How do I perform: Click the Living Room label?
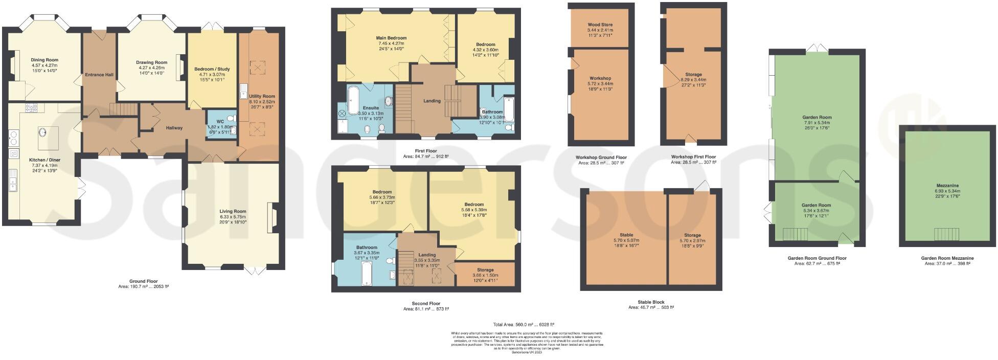pos(233,211)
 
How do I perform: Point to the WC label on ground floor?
pos(220,122)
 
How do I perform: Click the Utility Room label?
pos(262,96)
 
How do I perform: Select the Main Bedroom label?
pos(391,38)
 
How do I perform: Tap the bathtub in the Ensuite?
pos(353,100)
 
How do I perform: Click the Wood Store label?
pos(600,25)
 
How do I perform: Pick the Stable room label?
pos(626,235)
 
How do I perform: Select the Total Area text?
pos(524,325)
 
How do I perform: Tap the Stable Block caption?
pos(651,302)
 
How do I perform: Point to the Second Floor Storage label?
pos(485,270)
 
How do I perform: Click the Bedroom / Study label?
pos(212,69)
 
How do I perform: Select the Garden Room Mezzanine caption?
pos(947,258)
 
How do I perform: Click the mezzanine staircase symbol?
pos(946,234)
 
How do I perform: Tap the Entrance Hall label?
pos(99,75)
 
